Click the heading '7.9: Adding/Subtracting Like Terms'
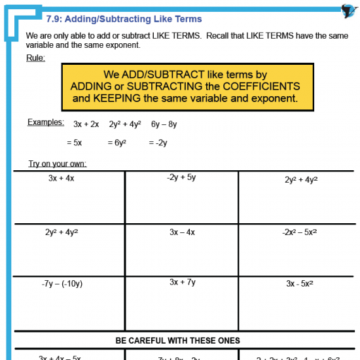pyautogui.click(x=124, y=19)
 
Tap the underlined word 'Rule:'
pyautogui.click(x=35, y=58)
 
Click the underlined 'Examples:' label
pyautogui.click(x=46, y=122)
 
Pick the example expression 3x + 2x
pyautogui.click(x=86, y=124)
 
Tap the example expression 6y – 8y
pyautogui.click(x=164, y=124)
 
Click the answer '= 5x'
pyautogui.click(x=74, y=142)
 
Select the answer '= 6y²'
pyautogui.click(x=115, y=142)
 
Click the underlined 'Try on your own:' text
pyautogui.click(x=58, y=164)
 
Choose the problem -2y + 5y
pyautogui.click(x=181, y=177)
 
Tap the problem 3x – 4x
pyautogui.click(x=182, y=232)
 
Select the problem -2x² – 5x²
pyautogui.click(x=300, y=232)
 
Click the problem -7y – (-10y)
pyautogui.click(x=62, y=283)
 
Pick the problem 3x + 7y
pyautogui.click(x=182, y=282)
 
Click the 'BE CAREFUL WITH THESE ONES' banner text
pyautogui.click(x=178, y=340)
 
